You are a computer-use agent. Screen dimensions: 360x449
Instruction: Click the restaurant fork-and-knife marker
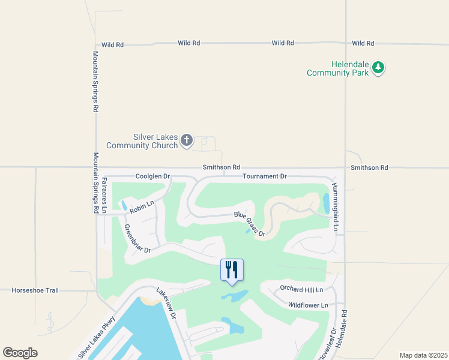point(232,270)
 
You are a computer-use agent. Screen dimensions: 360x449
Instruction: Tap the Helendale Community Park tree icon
point(378,67)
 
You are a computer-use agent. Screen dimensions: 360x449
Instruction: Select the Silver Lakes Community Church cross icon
point(187,141)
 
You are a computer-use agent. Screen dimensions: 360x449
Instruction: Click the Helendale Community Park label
point(336,68)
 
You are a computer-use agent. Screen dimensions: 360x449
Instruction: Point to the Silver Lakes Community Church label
point(142,141)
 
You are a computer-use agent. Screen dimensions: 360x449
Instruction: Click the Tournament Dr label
point(265,176)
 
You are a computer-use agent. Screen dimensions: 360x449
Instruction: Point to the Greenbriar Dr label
point(136,238)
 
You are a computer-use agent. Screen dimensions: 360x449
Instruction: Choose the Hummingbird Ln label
point(336,208)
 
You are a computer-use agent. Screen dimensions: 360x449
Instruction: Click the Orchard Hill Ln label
point(301,290)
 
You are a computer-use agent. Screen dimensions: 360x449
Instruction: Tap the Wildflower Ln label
point(308,305)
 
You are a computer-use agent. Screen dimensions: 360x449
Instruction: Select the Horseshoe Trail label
point(35,290)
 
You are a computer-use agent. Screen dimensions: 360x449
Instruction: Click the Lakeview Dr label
point(167,303)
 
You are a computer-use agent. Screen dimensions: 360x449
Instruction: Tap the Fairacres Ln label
point(104,195)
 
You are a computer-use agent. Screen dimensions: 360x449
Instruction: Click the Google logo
point(20,353)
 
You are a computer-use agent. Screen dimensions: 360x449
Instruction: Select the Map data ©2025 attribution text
point(423,355)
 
